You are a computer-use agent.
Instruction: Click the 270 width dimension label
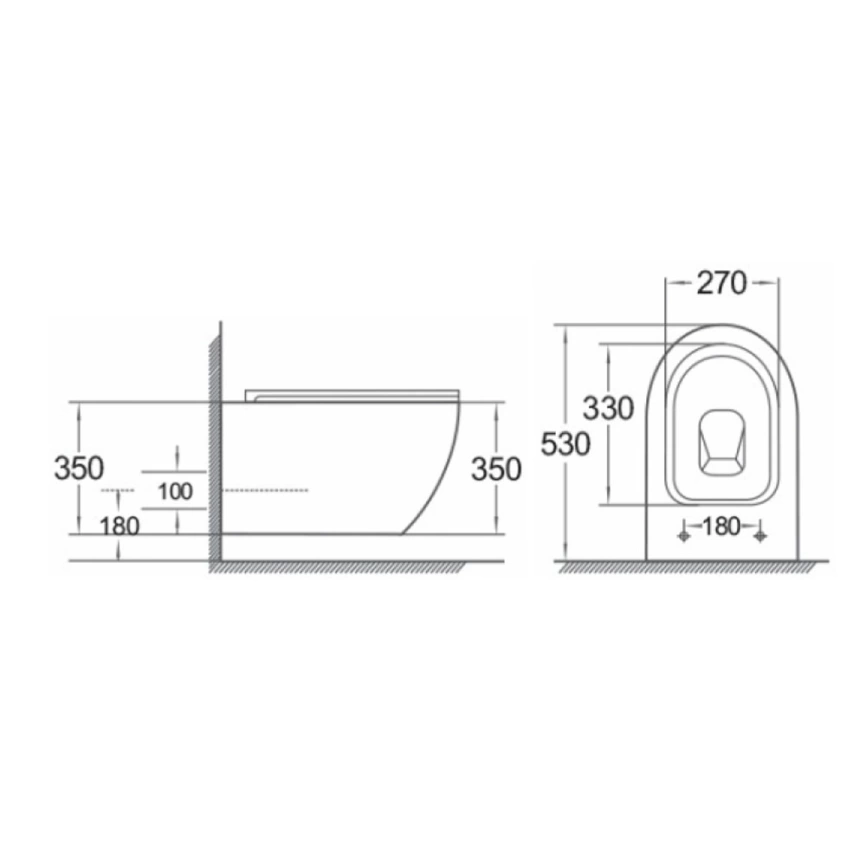click(x=721, y=283)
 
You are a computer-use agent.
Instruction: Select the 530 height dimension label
click(x=566, y=444)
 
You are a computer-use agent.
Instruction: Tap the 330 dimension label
click(x=609, y=409)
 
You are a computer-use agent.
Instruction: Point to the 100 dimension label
click(x=175, y=491)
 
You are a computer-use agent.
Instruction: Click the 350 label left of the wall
click(x=79, y=468)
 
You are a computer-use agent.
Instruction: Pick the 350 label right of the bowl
click(x=496, y=469)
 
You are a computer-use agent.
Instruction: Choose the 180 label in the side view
click(x=120, y=526)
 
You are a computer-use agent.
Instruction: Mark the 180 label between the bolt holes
click(x=722, y=526)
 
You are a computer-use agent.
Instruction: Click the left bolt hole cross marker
click(x=684, y=536)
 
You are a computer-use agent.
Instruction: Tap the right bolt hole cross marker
click(x=761, y=536)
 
